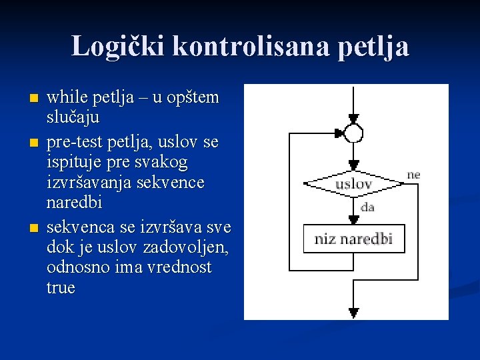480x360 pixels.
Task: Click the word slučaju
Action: click(x=73, y=118)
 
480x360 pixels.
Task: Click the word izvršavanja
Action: click(x=89, y=182)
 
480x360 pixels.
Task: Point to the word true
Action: click(x=61, y=287)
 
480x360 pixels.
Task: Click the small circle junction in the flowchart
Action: click(x=354, y=134)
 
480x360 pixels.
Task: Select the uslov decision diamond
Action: click(x=353, y=183)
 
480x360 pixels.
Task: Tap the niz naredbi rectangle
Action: click(x=354, y=239)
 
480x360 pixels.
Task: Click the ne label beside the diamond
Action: click(x=413, y=175)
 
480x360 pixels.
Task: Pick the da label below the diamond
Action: click(x=367, y=207)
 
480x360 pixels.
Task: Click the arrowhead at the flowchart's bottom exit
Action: click(x=354, y=311)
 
